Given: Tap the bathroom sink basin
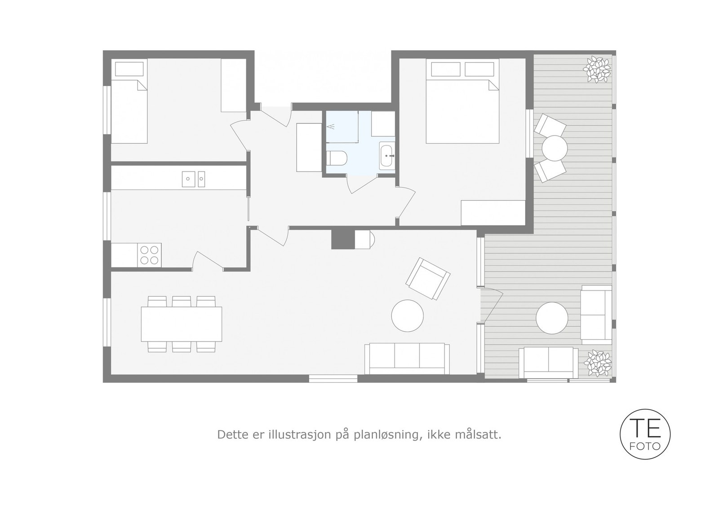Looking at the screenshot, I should tap(387, 156).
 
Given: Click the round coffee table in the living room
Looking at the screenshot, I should tap(407, 315).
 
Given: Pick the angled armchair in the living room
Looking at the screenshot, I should tap(428, 278).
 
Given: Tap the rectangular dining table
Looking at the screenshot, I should tap(181, 324).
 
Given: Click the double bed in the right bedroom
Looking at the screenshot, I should tap(462, 110).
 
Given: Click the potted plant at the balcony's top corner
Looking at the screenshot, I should tap(596, 69).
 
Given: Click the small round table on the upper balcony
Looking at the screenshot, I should tap(554, 148).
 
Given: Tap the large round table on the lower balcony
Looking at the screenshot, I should tap(552, 318).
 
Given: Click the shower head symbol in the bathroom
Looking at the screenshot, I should tap(333, 127).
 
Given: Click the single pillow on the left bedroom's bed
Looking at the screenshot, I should tap(129, 69).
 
